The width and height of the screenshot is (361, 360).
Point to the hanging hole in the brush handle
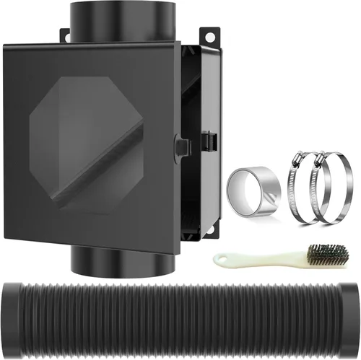point(219,258)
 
